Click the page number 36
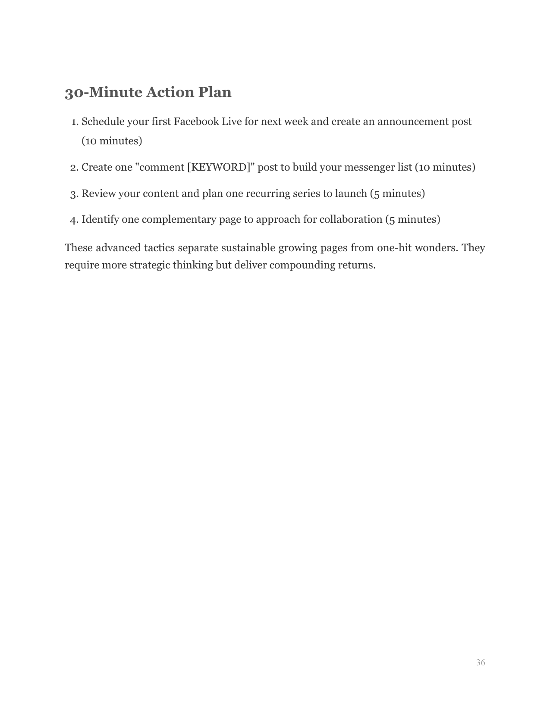480,663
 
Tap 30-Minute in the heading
103,92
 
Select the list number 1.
74,122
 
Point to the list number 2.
74,167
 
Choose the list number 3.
74,193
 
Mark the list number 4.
74,220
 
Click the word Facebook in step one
196,122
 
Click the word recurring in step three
266,193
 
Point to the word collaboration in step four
350,219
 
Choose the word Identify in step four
100,219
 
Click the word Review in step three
98,193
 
